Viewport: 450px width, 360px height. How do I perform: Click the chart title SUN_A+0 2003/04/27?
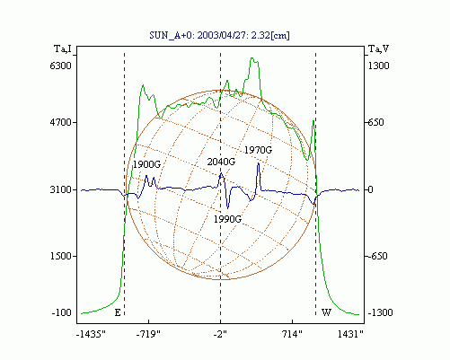coord(219,35)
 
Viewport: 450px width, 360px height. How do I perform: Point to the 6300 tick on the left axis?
coord(61,66)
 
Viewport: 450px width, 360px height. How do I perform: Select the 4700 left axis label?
coord(61,122)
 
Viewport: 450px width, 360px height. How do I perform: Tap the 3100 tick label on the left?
coord(61,189)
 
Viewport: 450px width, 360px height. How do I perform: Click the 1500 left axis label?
coord(61,256)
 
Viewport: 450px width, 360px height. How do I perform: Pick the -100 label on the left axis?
coord(62,312)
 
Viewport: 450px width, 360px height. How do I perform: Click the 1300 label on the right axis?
coord(379,66)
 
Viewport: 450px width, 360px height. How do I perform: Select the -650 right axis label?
coord(378,256)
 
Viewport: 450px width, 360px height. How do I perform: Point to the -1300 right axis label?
coord(380,312)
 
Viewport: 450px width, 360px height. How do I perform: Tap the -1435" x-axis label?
coord(91,334)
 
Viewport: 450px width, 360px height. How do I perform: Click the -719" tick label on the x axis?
coord(148,334)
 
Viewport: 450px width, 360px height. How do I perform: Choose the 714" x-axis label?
coord(293,334)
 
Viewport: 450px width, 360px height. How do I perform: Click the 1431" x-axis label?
coord(350,334)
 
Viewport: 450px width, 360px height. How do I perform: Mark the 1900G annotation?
coord(146,164)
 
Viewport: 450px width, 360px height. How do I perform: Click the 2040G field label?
coord(221,162)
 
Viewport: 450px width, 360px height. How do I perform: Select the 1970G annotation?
coord(258,150)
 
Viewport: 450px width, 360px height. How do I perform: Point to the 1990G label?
coord(227,219)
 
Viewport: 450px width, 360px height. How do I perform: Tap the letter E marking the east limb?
coord(118,312)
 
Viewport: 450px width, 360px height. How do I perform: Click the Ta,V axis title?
coord(379,48)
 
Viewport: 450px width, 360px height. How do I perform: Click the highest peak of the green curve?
coord(252,57)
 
